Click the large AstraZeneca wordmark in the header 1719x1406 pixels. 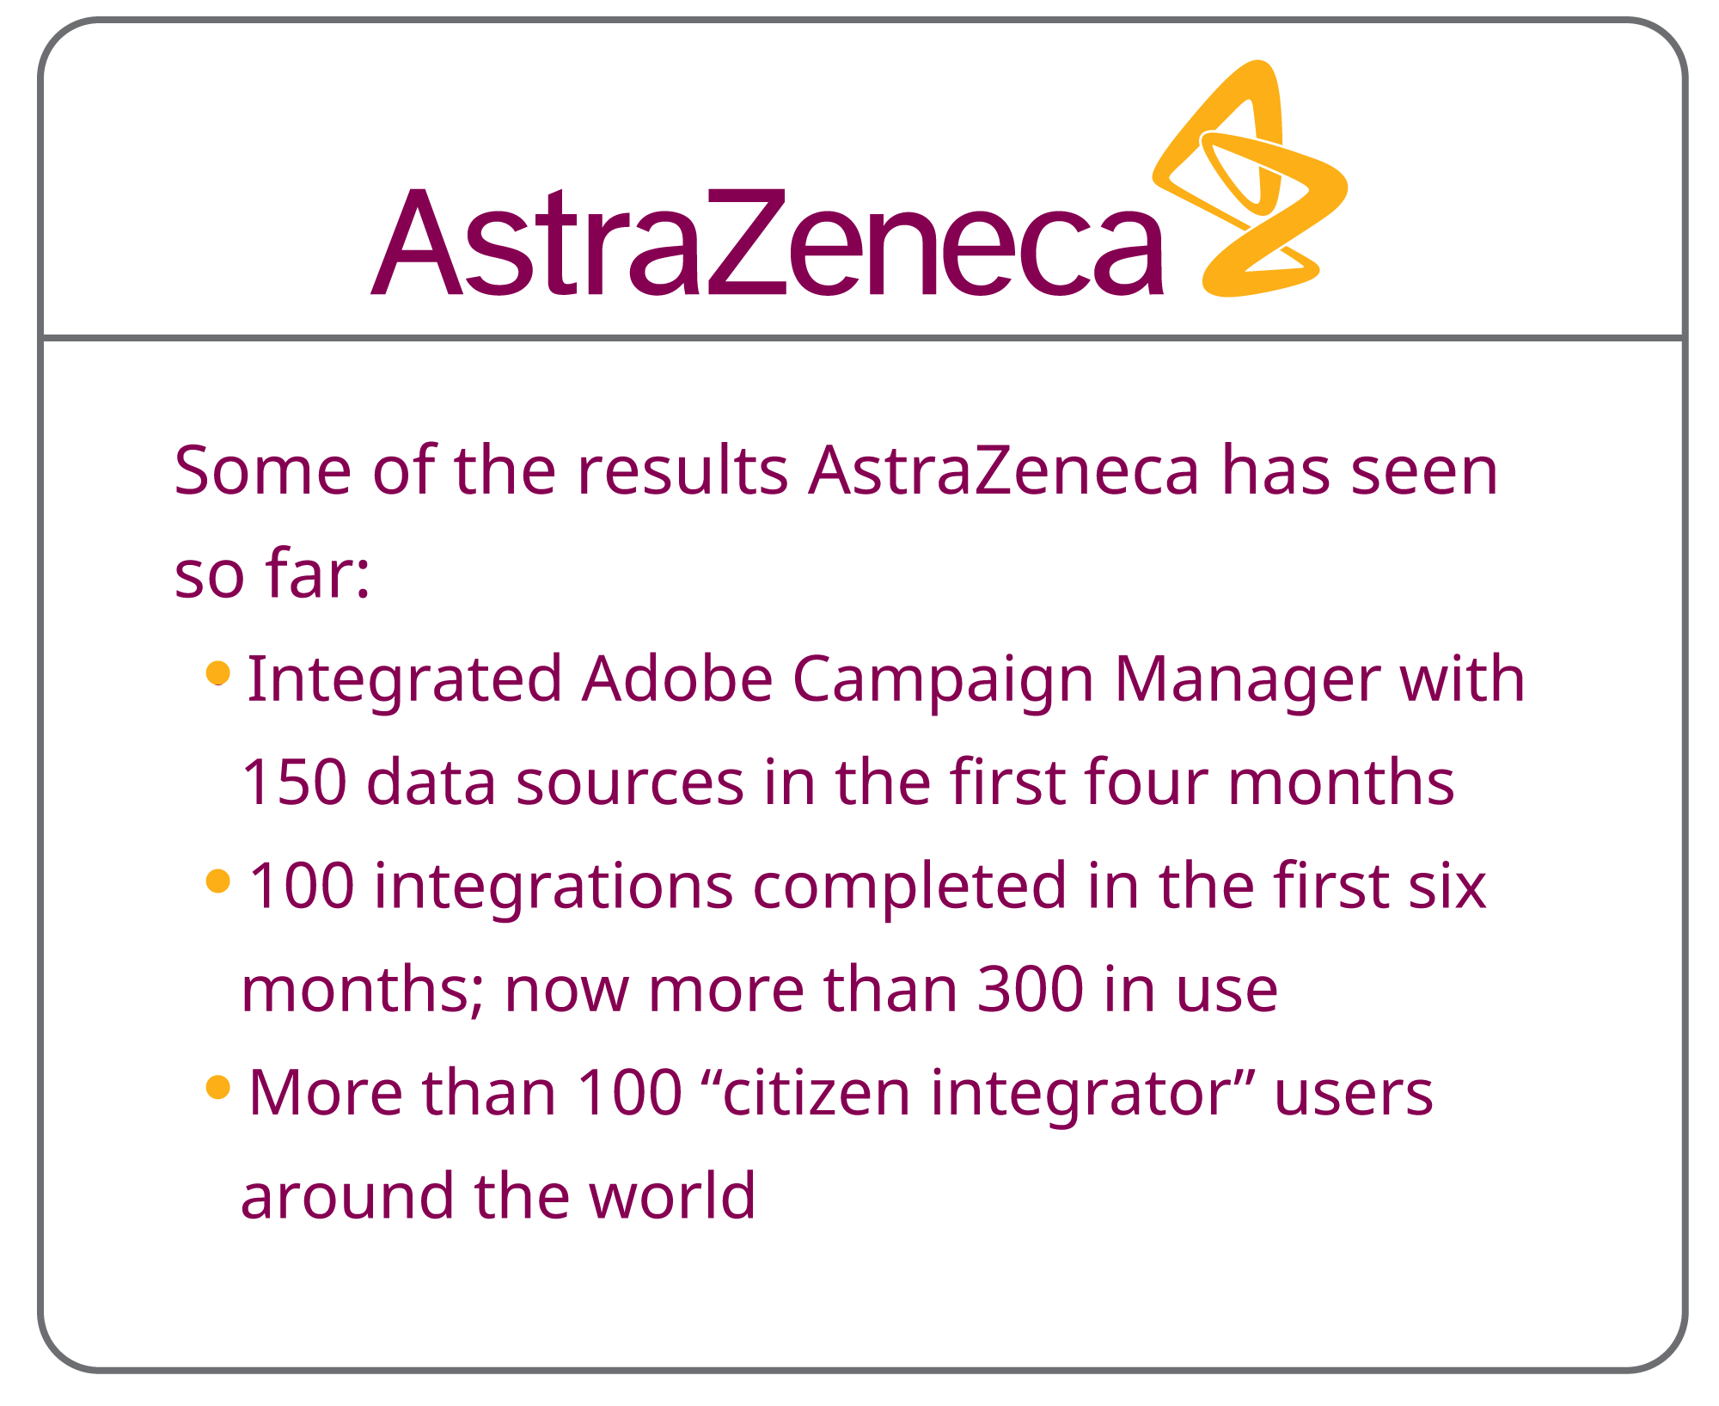[x=768, y=243]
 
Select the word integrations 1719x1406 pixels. [x=554, y=887]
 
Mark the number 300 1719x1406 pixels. [x=1031, y=989]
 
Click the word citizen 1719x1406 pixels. [x=817, y=1093]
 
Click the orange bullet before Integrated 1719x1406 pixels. [x=218, y=672]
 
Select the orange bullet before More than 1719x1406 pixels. [x=218, y=1087]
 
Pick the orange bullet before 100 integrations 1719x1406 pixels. [x=218, y=881]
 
